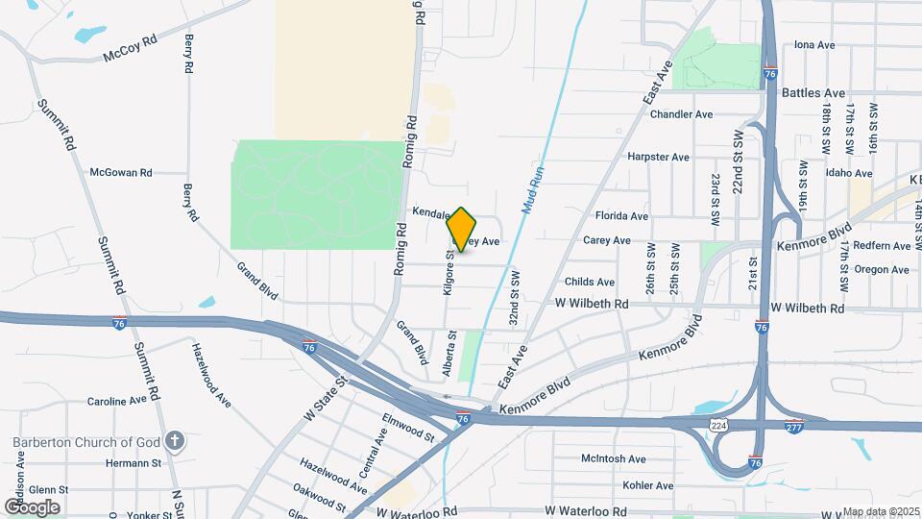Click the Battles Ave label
coord(813,93)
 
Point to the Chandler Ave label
coord(681,114)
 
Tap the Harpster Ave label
coord(658,157)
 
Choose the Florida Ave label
coord(621,216)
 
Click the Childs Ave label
coord(590,283)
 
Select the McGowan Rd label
coord(121,173)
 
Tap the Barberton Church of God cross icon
coord(174,441)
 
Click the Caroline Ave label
coord(116,401)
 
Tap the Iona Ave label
coord(814,45)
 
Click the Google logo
coord(32,507)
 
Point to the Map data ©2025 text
coord(881,511)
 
